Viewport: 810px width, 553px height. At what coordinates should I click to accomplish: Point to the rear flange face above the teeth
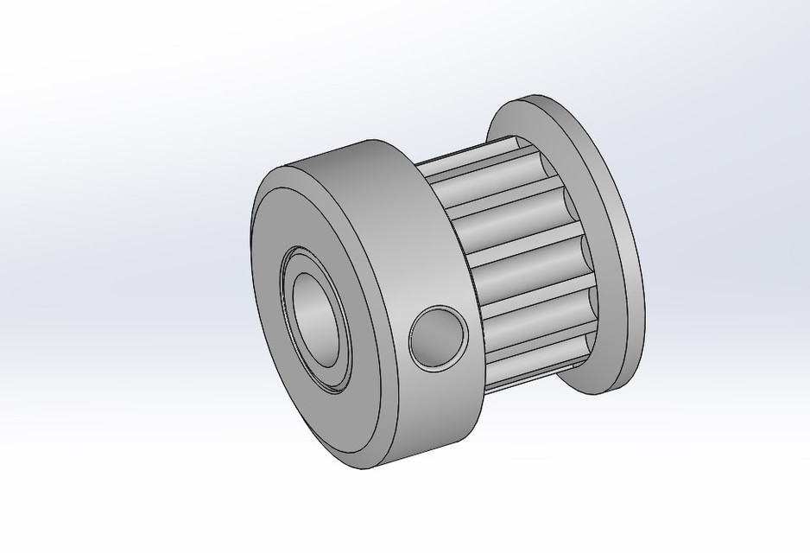(527, 121)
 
